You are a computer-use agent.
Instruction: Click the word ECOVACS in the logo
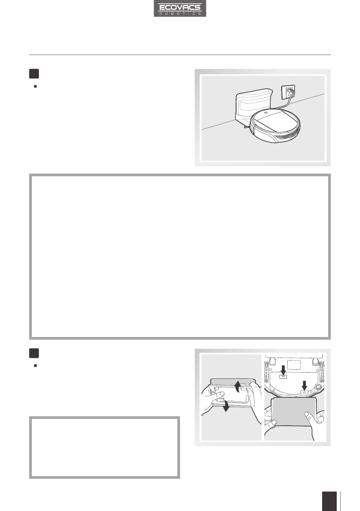[180, 7]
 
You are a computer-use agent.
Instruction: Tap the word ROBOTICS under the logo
[180, 14]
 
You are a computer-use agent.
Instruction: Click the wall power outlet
[288, 92]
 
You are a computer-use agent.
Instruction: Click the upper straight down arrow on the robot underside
[283, 370]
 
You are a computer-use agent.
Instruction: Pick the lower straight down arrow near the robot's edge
[304, 385]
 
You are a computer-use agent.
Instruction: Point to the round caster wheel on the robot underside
[318, 387]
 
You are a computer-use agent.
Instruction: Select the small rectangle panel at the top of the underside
[294, 365]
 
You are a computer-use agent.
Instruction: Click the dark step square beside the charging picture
[34, 74]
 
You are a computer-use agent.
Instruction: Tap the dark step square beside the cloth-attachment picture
[34, 353]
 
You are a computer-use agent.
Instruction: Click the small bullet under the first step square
[35, 86]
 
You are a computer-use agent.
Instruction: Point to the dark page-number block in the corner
[329, 501]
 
